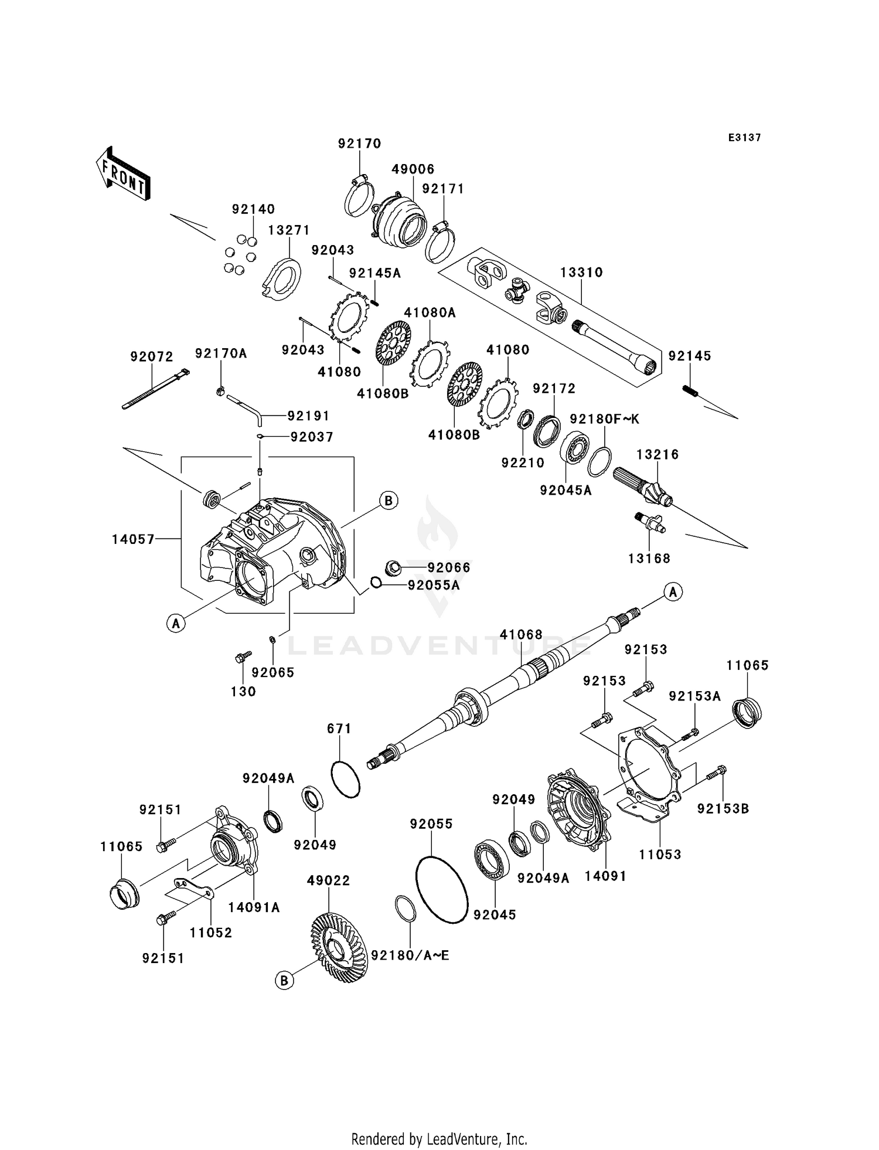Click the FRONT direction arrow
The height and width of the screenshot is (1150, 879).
point(123,175)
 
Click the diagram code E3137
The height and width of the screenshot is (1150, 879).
point(744,138)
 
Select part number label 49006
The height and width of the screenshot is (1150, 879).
point(413,169)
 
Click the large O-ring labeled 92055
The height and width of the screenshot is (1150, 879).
point(441,890)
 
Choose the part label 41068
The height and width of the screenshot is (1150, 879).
point(521,635)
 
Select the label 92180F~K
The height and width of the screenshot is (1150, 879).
point(605,419)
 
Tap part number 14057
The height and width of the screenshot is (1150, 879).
point(134,539)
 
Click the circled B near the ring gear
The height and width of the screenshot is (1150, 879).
point(284,981)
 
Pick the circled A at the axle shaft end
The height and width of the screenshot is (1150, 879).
point(673,592)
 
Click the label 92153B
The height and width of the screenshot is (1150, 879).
point(723,809)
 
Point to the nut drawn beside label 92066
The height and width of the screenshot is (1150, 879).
point(394,567)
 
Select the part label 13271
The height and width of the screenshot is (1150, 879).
point(289,230)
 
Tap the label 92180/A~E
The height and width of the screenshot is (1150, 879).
point(410,955)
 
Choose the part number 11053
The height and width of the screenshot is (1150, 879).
point(660,855)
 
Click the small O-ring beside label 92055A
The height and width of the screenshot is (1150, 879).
point(376,582)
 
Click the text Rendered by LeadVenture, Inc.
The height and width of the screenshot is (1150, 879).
point(439,1139)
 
